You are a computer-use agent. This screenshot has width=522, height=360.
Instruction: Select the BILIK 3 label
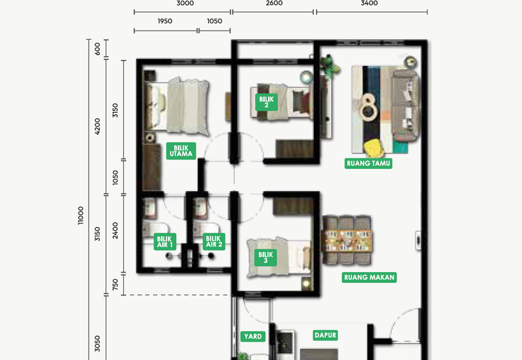(265, 256)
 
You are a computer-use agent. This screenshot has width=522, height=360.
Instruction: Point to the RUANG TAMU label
(369, 163)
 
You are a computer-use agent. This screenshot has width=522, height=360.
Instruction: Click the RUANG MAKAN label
(370, 277)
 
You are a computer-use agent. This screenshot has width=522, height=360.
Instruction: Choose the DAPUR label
(325, 336)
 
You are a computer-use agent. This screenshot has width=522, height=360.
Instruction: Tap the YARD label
(253, 337)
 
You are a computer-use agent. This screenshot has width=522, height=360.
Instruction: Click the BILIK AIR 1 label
(164, 242)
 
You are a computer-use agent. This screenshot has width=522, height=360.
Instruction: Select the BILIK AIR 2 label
(213, 242)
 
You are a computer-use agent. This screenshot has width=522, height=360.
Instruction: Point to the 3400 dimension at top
(369, 3)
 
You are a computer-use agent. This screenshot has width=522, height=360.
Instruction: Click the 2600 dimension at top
(274, 3)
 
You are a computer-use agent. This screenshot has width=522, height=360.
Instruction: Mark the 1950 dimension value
(165, 22)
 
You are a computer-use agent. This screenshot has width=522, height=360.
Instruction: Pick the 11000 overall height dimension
(80, 215)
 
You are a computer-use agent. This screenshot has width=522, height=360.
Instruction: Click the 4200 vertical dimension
(99, 127)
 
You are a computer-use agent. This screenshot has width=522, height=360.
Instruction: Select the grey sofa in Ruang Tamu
(405, 106)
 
